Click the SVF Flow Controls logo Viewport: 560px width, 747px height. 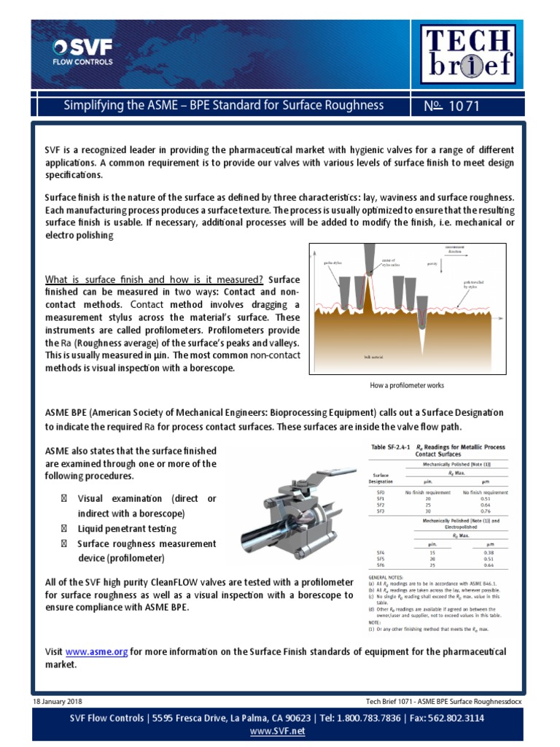82,53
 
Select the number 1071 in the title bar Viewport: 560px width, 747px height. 464,107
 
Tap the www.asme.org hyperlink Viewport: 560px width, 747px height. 97,651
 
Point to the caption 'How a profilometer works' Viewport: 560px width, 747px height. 407,385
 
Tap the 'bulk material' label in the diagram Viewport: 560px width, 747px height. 373,357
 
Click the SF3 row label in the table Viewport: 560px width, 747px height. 380,511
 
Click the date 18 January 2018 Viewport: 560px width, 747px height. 58,701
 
